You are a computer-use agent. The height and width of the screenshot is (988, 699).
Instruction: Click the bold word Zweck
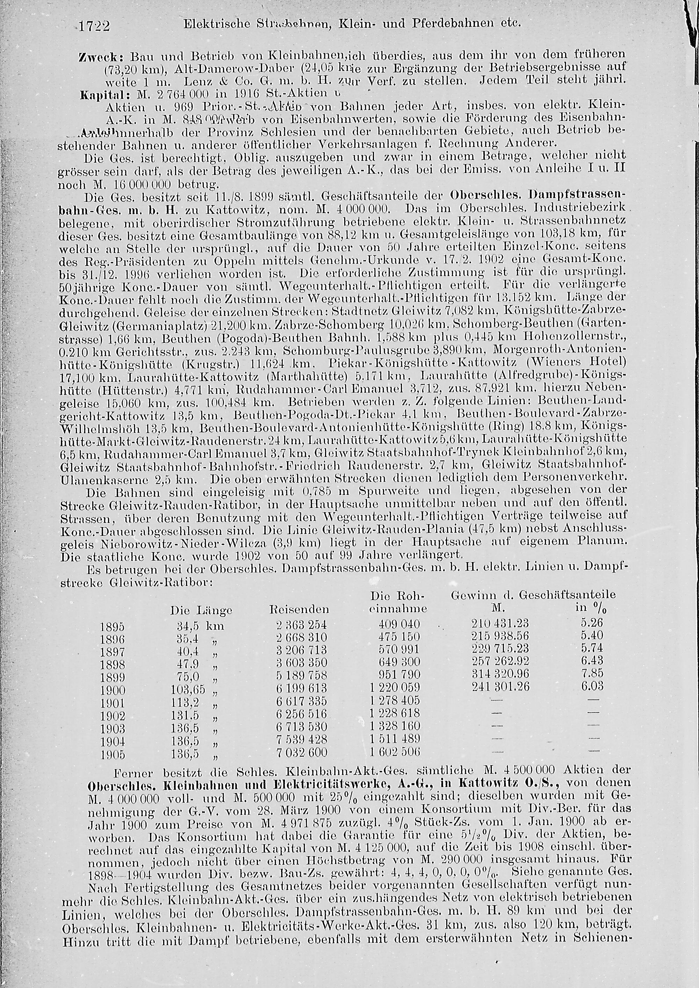[x=101, y=58]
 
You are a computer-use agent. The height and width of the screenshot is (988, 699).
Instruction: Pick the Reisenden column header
[x=299, y=609]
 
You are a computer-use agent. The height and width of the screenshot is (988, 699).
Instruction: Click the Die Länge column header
[x=201, y=610]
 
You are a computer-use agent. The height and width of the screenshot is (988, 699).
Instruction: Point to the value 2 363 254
[x=301, y=625]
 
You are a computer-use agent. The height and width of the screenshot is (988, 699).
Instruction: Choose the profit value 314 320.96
[x=500, y=674]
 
